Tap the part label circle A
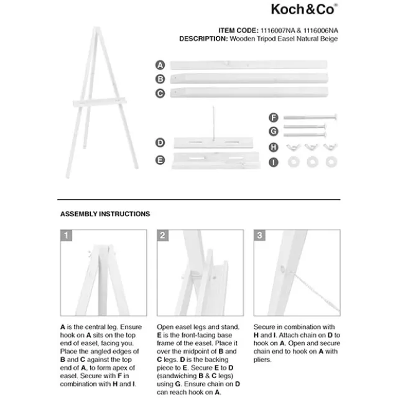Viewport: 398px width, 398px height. [160, 65]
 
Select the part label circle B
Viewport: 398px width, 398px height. [160, 79]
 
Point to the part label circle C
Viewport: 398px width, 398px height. [160, 93]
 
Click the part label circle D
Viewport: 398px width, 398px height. [160, 142]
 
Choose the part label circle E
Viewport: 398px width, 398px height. [160, 160]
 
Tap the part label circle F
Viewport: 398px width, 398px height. [273, 117]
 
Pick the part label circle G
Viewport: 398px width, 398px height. [273, 131]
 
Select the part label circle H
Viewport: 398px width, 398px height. [273, 147]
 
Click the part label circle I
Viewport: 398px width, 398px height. [273, 163]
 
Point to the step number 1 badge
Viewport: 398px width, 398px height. [67, 236]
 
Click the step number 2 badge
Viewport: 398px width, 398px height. [163, 236]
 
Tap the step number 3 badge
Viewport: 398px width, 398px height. [260, 236]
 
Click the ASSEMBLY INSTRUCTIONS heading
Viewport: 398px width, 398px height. [105, 214]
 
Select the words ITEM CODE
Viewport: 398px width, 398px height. [237, 29]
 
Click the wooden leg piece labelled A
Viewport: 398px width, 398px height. [249, 65]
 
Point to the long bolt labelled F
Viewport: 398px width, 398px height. [310, 117]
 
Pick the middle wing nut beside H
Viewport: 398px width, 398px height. [310, 147]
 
